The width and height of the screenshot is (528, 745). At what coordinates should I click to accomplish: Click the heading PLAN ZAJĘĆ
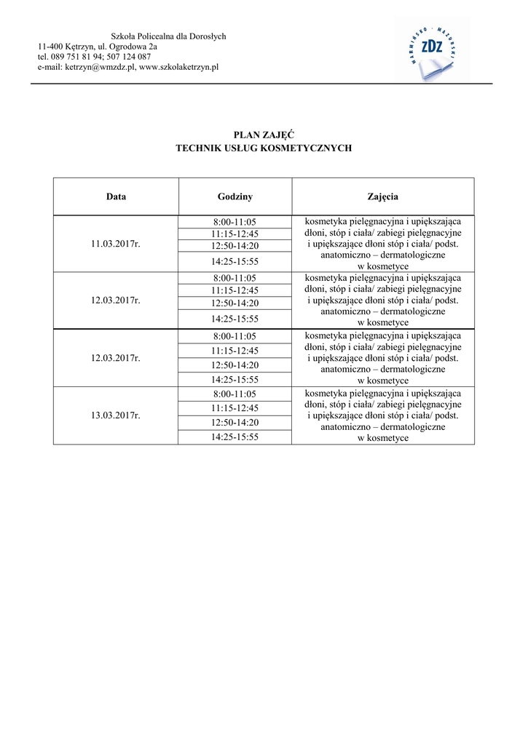[264, 135]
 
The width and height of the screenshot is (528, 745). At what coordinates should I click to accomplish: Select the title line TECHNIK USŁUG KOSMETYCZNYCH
[264, 148]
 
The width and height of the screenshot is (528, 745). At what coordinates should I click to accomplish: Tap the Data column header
[116, 196]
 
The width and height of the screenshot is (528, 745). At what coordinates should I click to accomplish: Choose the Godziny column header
[235, 196]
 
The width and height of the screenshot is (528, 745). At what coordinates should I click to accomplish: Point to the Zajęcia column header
[383, 196]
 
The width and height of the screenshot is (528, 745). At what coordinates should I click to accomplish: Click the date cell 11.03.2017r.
[116, 244]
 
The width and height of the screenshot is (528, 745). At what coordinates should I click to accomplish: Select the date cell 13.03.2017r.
[116, 415]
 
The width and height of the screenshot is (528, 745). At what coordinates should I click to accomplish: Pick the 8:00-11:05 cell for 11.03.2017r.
[235, 222]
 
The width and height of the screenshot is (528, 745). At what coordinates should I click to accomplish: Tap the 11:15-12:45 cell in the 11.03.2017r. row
[235, 234]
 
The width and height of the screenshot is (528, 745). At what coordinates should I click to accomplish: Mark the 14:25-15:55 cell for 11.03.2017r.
[235, 260]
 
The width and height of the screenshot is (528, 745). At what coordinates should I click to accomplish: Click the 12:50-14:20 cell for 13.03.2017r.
[235, 422]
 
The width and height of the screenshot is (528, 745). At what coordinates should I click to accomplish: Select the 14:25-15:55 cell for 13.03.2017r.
[235, 437]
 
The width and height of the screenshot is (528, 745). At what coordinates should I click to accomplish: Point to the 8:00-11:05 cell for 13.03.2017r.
[235, 394]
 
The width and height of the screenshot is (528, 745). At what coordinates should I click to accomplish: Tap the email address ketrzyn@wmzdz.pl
[100, 67]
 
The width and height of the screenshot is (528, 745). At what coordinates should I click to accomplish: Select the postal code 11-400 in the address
[50, 47]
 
